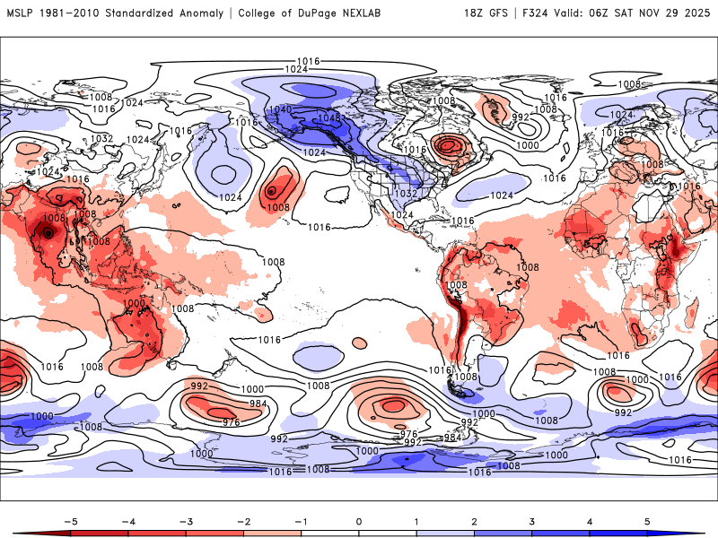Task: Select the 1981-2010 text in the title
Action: pos(68,13)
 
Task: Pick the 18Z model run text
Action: pos(475,13)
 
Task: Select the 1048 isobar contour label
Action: pos(329,117)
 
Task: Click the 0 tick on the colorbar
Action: pos(359,520)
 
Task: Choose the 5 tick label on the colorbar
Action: pos(646,520)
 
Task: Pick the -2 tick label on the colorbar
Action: pos(244,520)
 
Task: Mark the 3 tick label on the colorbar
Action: pos(531,520)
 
